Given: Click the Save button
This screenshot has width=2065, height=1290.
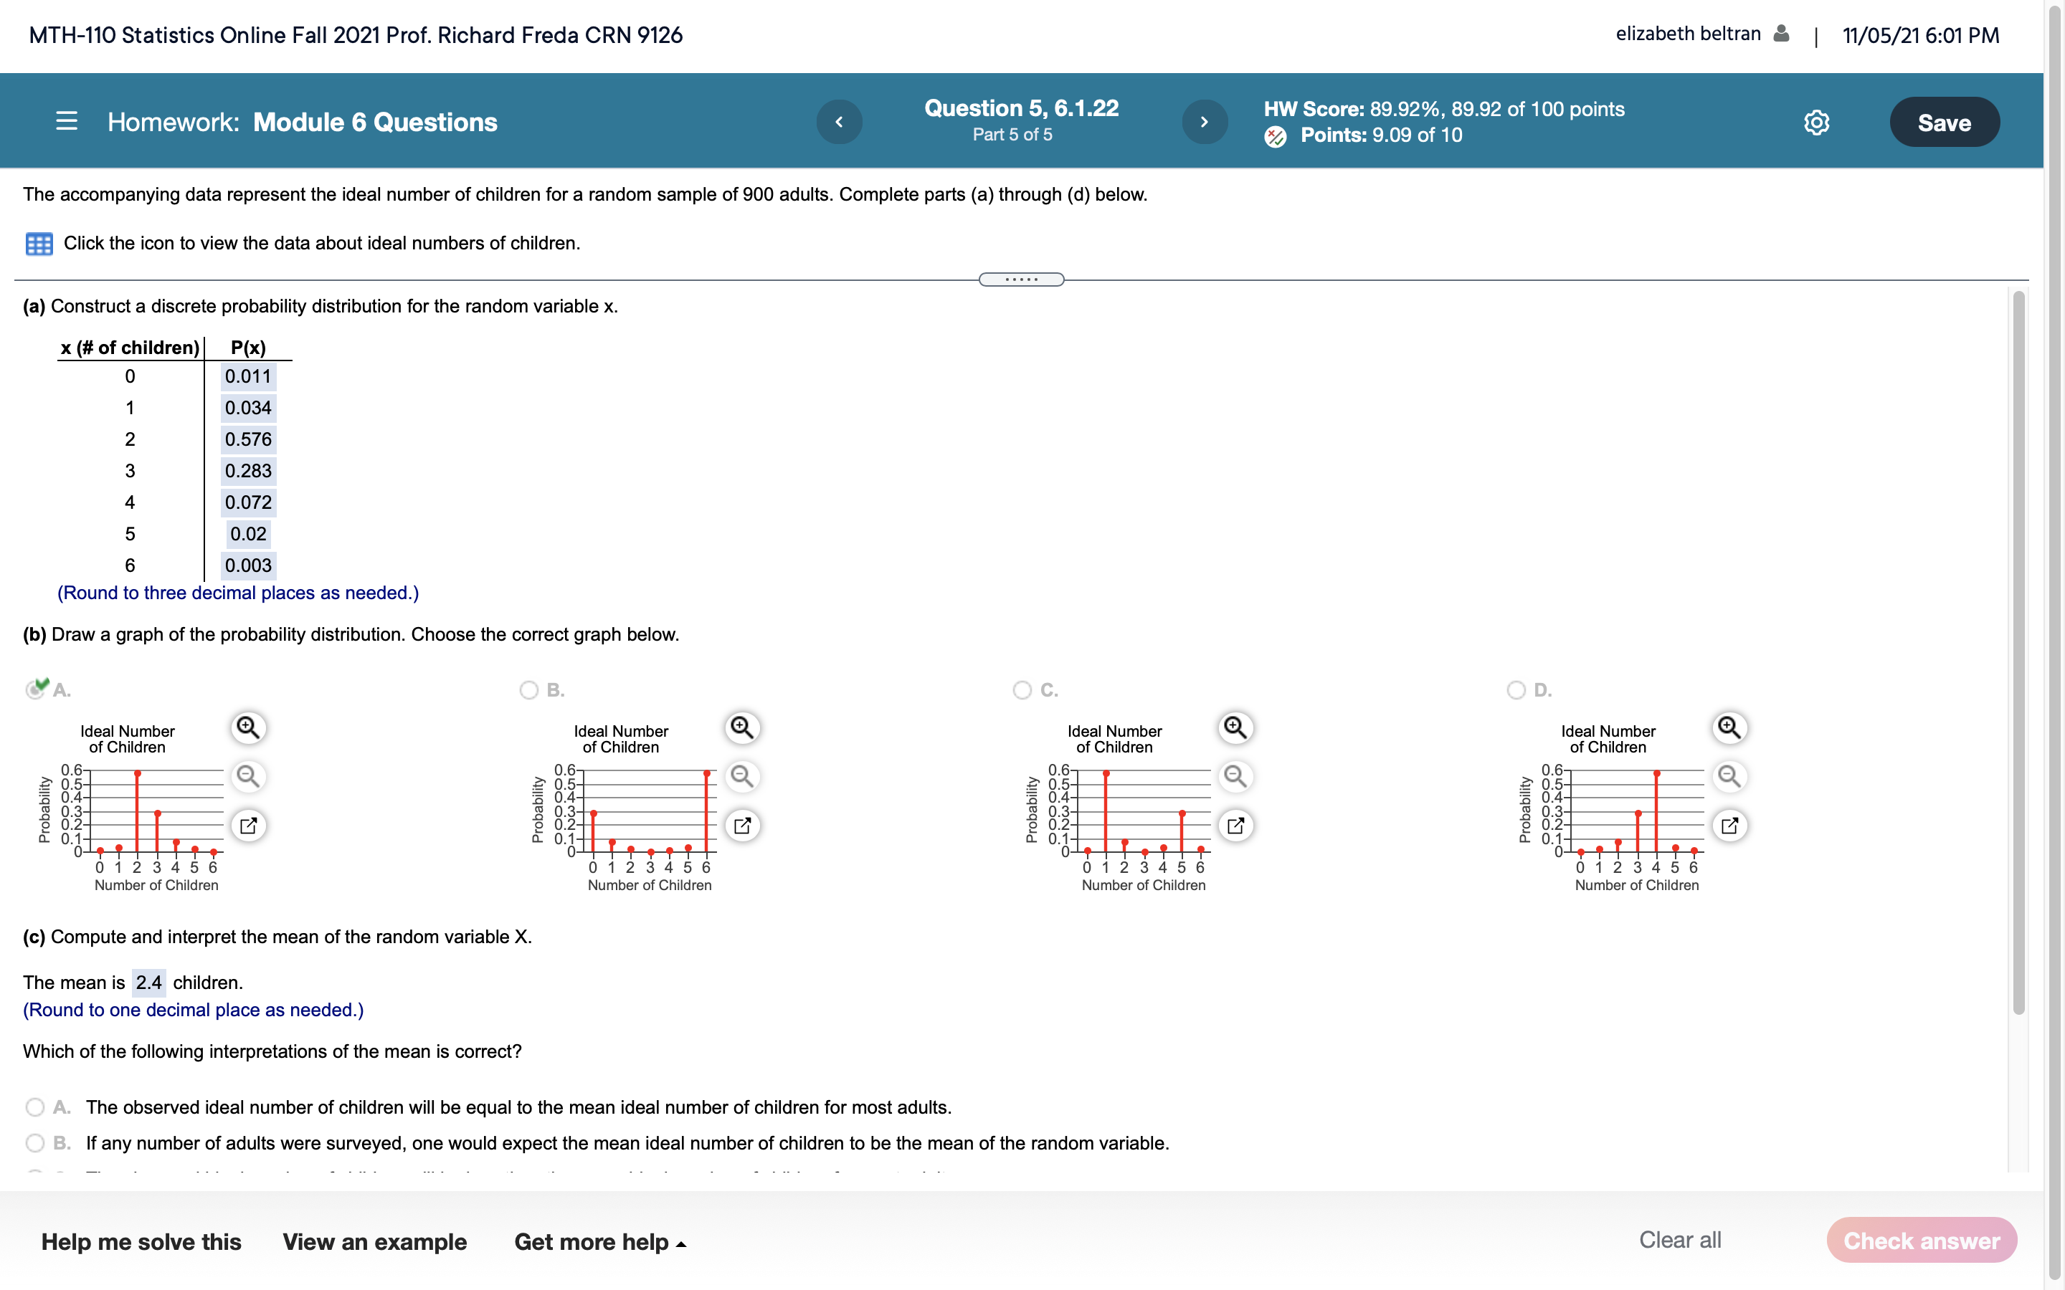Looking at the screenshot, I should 1943,122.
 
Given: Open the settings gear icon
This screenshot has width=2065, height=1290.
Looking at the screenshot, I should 1815,123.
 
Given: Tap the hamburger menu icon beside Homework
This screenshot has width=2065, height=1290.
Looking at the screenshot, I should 67,121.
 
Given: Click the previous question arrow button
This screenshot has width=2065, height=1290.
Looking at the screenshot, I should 839,122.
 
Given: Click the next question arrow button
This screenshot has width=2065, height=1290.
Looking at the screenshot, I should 1204,122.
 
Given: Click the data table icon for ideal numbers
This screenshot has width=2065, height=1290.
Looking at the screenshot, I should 39,244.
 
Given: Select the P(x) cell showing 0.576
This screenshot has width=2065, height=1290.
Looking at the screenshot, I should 248,439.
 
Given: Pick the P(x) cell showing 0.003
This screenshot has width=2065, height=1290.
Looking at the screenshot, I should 248,565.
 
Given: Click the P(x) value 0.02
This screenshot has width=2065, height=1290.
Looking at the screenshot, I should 248,534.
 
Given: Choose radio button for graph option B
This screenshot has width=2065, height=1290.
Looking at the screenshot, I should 529,689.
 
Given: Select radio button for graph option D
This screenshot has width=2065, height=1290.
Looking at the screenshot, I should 1516,689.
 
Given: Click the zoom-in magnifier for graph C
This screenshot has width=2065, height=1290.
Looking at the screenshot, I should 1235,727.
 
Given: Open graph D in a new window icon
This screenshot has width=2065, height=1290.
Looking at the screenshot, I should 1729,825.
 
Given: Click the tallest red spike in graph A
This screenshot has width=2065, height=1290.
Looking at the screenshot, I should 138,811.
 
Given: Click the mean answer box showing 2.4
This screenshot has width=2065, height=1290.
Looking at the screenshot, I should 148,983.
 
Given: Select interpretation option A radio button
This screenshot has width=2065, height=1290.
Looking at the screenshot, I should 35,1107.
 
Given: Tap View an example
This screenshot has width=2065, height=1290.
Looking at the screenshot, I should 374,1241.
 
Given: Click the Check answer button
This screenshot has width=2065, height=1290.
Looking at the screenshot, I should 1921,1241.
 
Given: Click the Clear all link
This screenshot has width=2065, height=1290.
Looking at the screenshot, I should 1679,1240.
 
